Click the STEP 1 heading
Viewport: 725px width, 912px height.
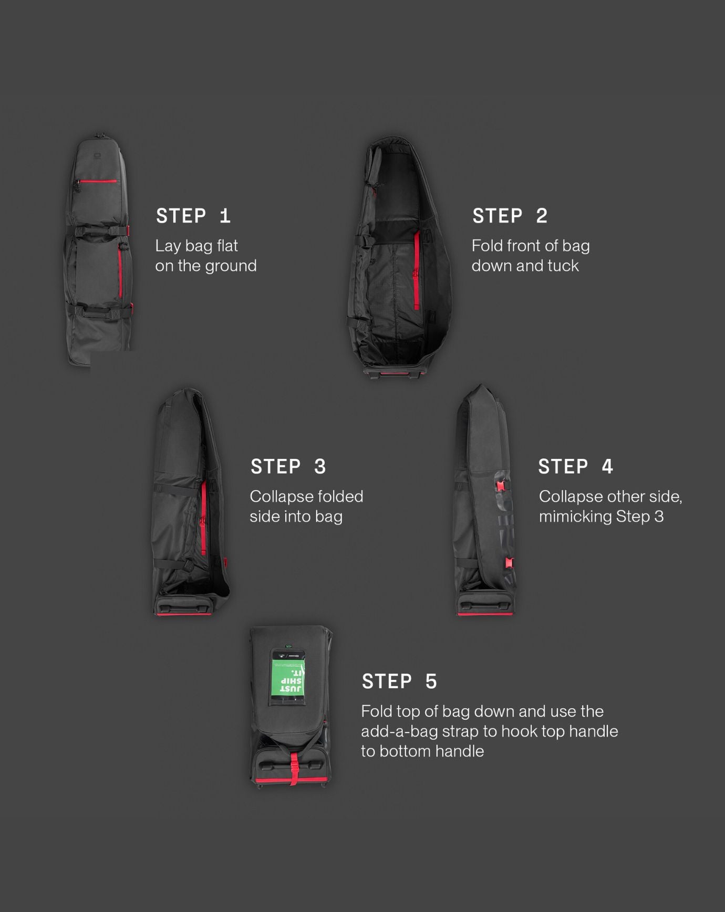tap(193, 216)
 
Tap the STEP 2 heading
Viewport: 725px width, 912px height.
tap(510, 216)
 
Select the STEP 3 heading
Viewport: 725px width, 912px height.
tap(288, 466)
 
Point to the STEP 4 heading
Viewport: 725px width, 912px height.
tap(576, 466)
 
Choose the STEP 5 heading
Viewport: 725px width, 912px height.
tap(399, 682)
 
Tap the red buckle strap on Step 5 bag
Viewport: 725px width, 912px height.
tap(294, 769)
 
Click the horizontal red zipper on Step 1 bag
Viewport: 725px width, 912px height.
tap(98, 181)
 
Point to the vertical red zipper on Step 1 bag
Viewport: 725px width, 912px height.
tap(120, 270)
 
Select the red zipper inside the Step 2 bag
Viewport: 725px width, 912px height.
tap(417, 271)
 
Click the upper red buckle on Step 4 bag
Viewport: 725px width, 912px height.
tap(501, 486)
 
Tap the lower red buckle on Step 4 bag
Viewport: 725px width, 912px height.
tap(509, 563)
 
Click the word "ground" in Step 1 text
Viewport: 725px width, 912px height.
tap(231, 266)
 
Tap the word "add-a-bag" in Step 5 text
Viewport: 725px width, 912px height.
tap(400, 731)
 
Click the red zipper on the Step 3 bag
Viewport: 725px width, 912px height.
tap(204, 517)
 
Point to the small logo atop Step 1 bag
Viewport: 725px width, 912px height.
tap(98, 155)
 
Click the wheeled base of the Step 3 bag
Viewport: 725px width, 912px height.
tap(184, 604)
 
